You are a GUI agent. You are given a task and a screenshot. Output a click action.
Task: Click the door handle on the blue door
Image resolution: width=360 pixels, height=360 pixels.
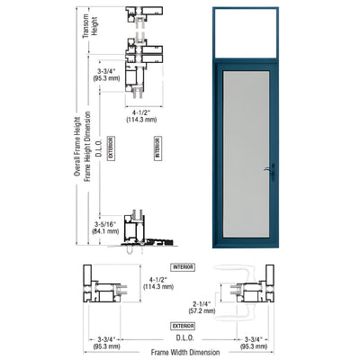click(266, 170)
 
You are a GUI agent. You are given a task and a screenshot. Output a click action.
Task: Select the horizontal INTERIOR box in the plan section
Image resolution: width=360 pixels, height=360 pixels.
click(182, 267)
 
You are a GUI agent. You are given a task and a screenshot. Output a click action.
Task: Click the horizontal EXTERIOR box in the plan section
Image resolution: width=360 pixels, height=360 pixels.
click(182, 326)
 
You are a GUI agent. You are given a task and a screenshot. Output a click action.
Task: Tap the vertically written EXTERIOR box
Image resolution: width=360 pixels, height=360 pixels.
click(111, 148)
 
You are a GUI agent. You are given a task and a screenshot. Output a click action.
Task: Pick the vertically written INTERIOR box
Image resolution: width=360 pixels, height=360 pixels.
click(157, 148)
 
